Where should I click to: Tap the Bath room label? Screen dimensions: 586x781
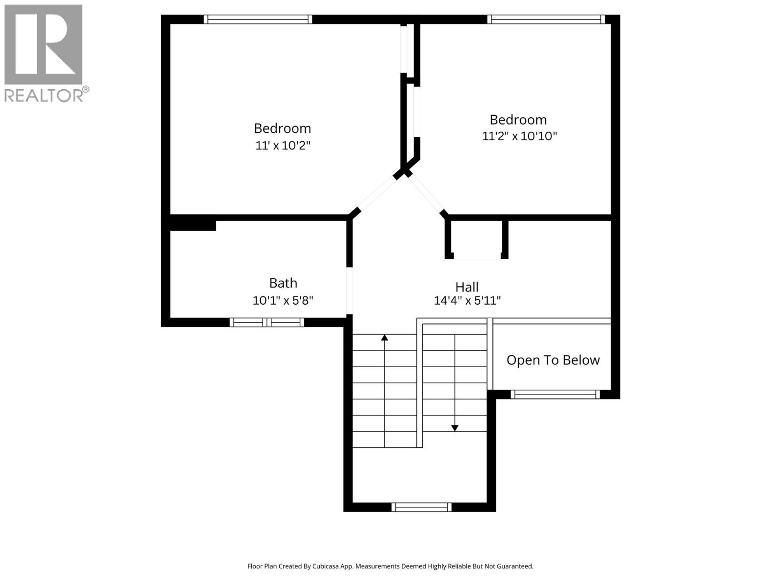point(283,283)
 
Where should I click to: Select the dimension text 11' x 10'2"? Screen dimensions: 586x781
point(283,146)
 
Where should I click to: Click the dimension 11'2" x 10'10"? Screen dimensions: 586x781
point(519,136)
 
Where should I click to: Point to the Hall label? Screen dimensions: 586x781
point(467,287)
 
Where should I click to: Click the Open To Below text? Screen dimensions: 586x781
point(553,360)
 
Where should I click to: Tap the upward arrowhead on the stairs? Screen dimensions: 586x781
point(385,337)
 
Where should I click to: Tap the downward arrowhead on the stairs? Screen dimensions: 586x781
point(454,428)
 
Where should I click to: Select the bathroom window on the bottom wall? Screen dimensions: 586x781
point(267,322)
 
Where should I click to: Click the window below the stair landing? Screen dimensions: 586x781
point(421,507)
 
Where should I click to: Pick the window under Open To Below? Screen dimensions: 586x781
point(555,394)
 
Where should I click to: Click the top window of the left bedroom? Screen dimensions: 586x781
point(258,20)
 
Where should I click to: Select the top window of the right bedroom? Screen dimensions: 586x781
point(546,20)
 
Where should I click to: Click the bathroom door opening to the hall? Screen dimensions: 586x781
point(349,291)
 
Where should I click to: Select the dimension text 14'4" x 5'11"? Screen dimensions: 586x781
point(467,301)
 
